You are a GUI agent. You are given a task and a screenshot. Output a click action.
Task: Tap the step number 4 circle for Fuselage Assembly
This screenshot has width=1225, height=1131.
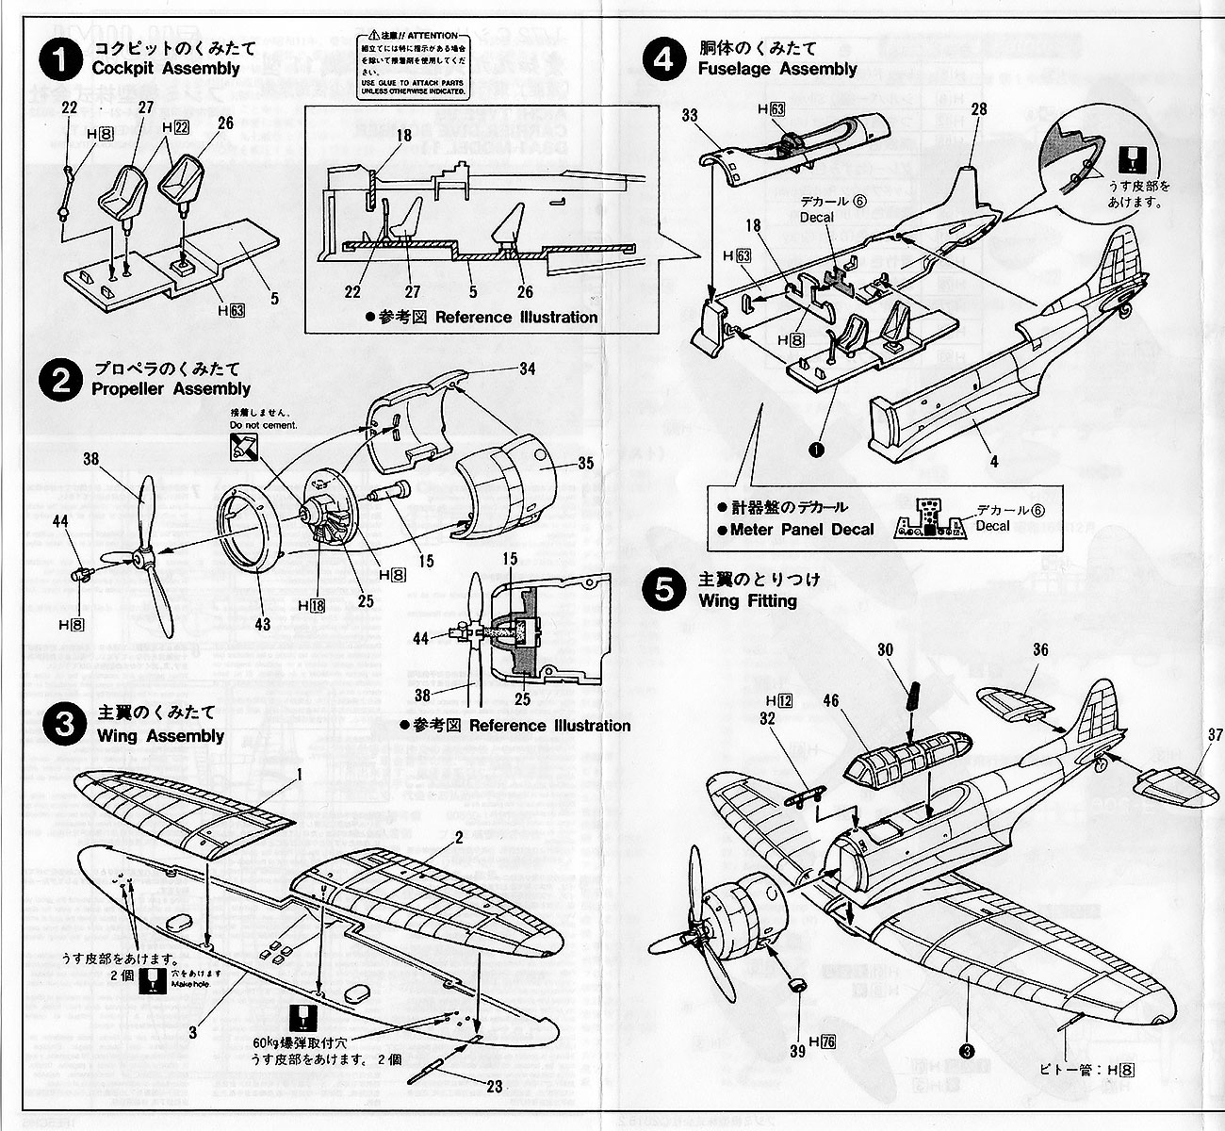(665, 58)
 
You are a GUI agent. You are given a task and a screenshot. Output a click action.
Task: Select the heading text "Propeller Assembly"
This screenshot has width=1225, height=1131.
(171, 388)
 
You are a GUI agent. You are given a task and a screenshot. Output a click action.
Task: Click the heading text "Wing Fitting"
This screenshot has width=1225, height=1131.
(747, 600)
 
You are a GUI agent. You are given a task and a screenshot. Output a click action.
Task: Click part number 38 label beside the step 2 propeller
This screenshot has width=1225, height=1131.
(90, 460)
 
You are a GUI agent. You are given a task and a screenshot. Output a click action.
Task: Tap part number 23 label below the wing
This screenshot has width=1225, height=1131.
(494, 1087)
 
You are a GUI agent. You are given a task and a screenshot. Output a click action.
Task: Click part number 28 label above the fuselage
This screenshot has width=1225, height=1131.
(978, 109)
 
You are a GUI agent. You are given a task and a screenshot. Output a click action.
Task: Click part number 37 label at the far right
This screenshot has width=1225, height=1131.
(1213, 735)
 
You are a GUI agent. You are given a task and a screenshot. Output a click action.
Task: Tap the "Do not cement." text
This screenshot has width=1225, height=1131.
(263, 425)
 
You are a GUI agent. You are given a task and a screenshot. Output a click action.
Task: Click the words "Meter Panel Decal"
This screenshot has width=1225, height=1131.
(802, 530)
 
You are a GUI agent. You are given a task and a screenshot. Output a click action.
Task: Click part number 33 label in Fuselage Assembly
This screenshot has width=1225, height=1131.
(689, 116)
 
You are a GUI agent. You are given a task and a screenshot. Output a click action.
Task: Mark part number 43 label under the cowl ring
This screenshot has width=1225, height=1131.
(262, 625)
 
